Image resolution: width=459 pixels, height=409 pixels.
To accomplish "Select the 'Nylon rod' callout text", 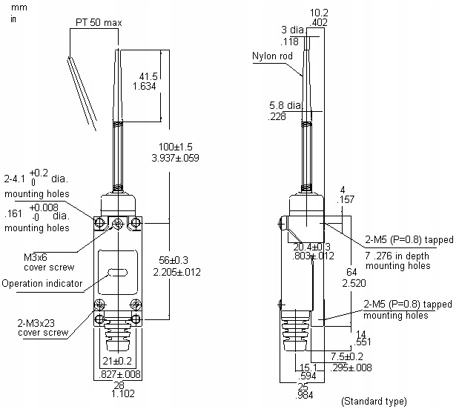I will [272, 56].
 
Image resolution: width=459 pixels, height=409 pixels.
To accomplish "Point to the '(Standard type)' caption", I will [374, 401].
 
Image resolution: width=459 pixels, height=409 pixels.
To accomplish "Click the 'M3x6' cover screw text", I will [36, 256].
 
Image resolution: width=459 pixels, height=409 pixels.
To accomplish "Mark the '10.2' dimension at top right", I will [320, 13].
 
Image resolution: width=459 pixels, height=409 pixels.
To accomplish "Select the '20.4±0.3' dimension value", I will [312, 247].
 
